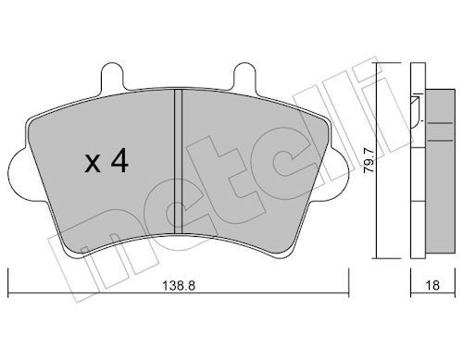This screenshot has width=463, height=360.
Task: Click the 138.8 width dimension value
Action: (x=179, y=286)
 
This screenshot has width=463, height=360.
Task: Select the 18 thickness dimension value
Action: (x=433, y=285)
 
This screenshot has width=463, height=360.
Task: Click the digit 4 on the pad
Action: (x=119, y=160)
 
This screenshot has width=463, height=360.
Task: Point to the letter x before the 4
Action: (x=93, y=164)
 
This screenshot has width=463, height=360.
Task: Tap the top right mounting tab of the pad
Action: (x=244, y=76)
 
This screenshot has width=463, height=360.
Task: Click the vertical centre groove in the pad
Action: (x=179, y=161)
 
